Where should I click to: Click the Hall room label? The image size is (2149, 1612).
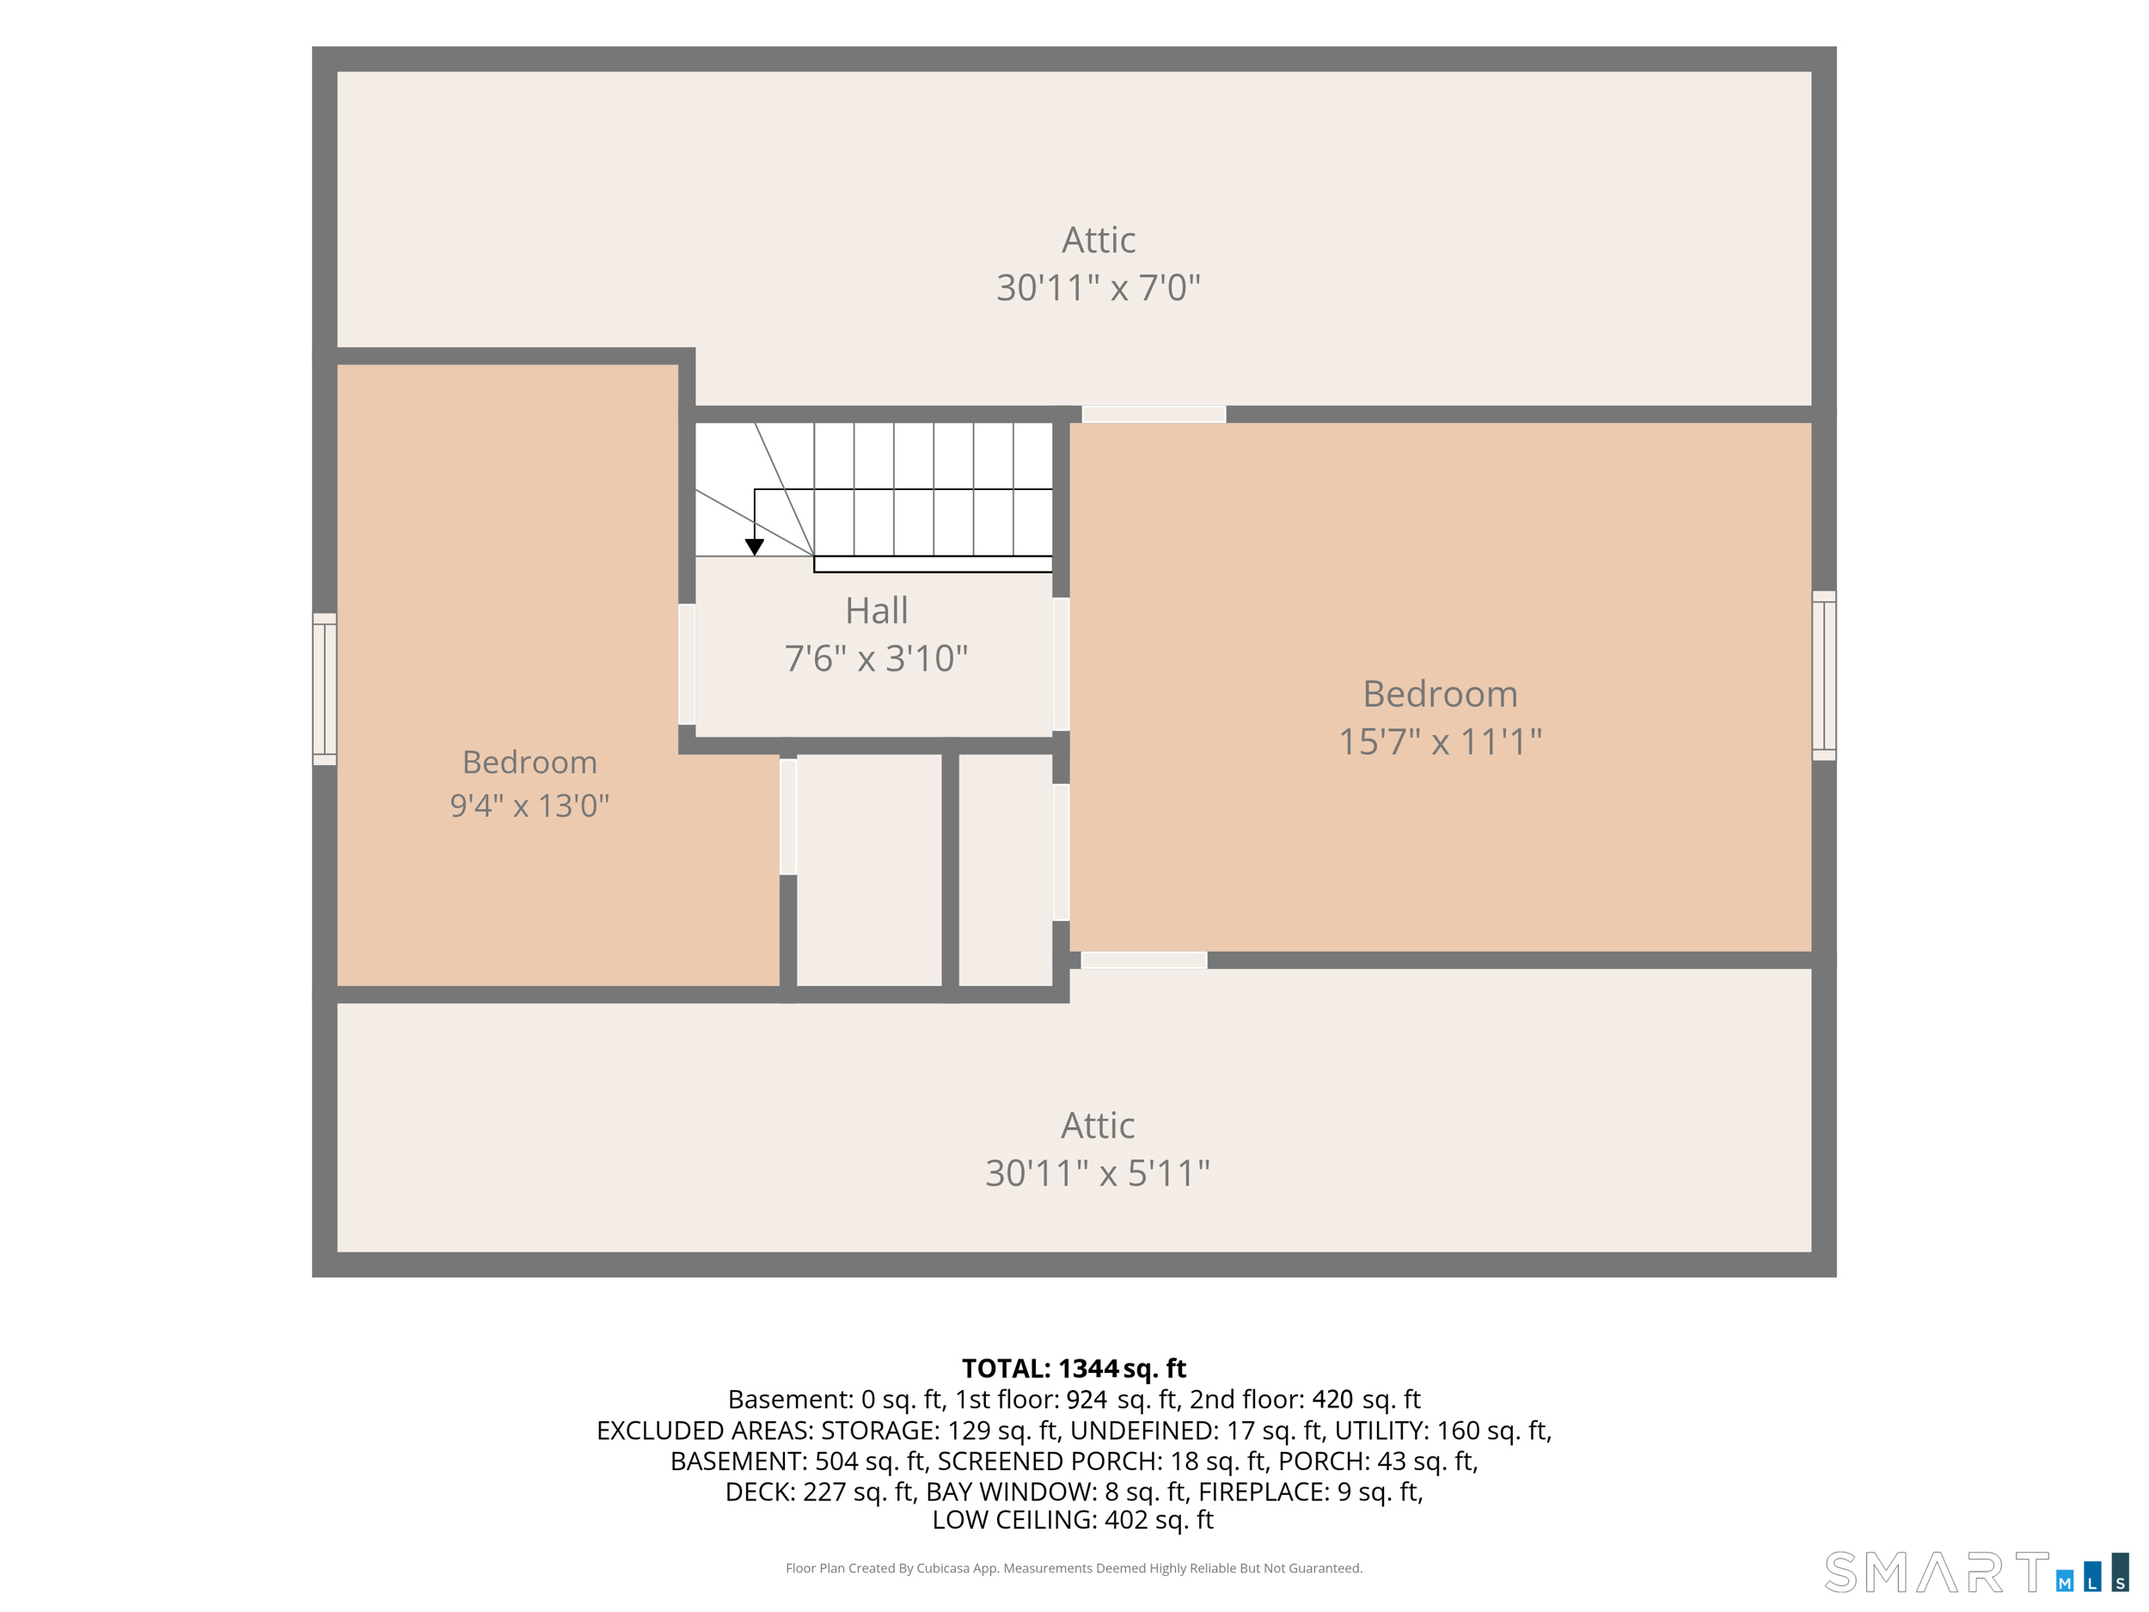point(876,610)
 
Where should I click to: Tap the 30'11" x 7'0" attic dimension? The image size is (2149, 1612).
point(1098,288)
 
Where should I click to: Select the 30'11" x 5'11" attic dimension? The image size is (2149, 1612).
point(1097,1173)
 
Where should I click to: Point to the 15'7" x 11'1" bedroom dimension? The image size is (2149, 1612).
point(1440,741)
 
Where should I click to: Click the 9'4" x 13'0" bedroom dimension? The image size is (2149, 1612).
point(530,806)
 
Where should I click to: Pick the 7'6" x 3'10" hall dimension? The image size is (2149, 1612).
point(876,658)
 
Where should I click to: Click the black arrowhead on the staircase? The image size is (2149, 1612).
point(754,547)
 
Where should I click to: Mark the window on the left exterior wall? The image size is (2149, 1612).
point(324,689)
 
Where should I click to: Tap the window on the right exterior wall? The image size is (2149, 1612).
point(1823,675)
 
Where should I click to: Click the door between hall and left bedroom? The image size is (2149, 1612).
point(687,664)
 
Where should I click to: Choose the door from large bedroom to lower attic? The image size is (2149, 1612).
point(1144,960)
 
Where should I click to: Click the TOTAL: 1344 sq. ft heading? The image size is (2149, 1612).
point(1074,1368)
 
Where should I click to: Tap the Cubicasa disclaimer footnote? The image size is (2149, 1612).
point(1074,1568)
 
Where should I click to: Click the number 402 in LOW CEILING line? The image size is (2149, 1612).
point(1126,1520)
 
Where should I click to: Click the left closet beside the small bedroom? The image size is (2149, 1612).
point(868,871)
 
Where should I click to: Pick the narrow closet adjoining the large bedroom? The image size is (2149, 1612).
point(1006,871)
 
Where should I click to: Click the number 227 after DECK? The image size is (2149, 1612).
point(823,1492)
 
